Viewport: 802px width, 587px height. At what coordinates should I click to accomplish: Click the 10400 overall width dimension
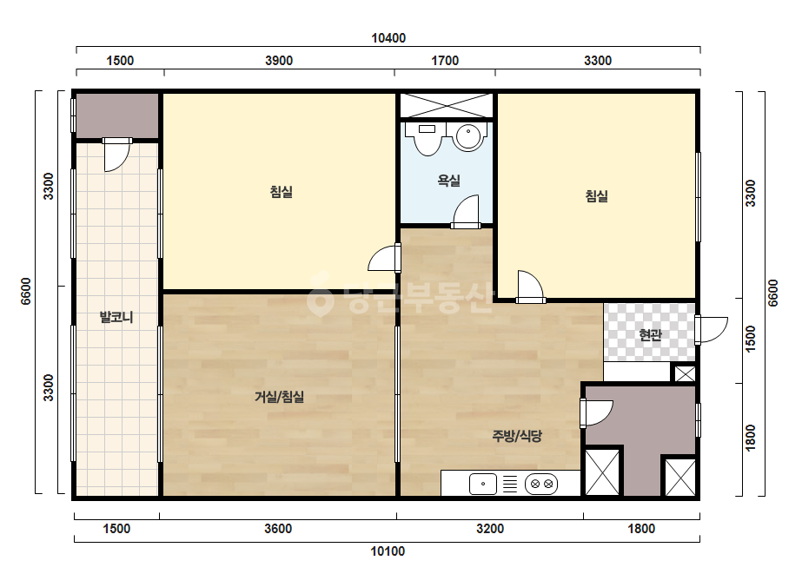coord(388,38)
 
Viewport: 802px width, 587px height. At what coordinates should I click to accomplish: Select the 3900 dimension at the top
coord(279,61)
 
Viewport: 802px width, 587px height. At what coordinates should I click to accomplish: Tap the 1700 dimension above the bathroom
coord(445,61)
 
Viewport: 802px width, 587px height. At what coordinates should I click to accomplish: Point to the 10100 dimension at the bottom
coord(388,551)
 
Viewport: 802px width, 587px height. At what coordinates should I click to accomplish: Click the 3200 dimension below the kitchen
coord(489,529)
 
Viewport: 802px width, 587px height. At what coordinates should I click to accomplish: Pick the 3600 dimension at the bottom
coord(278,529)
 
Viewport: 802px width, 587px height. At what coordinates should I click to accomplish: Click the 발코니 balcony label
coord(116,317)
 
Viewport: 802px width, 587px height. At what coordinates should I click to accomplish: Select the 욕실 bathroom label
coord(448,181)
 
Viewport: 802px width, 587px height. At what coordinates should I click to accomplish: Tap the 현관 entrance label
coord(650,335)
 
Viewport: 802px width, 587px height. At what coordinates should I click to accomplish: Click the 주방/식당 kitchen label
coord(517,436)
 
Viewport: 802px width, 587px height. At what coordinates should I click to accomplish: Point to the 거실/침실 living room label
coord(279,397)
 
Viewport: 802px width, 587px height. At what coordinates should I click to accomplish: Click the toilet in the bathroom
coord(428,138)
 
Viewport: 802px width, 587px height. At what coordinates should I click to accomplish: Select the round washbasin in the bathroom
coord(467,137)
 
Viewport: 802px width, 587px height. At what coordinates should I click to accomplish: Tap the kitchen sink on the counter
coord(483,484)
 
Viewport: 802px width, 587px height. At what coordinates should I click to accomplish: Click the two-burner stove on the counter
coord(541,484)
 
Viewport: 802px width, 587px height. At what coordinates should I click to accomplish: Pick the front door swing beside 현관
coord(711,330)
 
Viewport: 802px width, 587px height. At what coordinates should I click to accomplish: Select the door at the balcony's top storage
coord(117,154)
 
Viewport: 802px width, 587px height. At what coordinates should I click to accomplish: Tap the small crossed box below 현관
coord(685,373)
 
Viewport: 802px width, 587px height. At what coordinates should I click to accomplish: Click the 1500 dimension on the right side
coord(750,339)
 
